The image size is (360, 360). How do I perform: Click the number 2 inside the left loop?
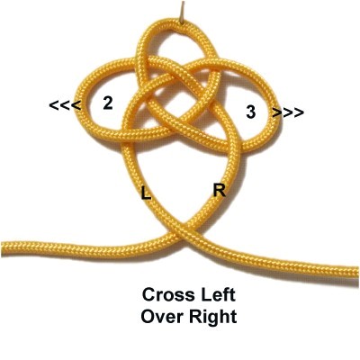[108, 103]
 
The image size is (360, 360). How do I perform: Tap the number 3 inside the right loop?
[251, 112]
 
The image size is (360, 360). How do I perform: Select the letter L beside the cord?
[146, 193]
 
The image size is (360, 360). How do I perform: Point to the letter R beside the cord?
[220, 190]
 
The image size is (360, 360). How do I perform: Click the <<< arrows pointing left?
[65, 105]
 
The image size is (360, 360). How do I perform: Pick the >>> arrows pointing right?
[288, 112]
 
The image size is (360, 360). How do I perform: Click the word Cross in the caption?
[164, 294]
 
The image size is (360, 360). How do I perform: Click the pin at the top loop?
[181, 13]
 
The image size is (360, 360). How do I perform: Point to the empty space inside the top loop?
[177, 45]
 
